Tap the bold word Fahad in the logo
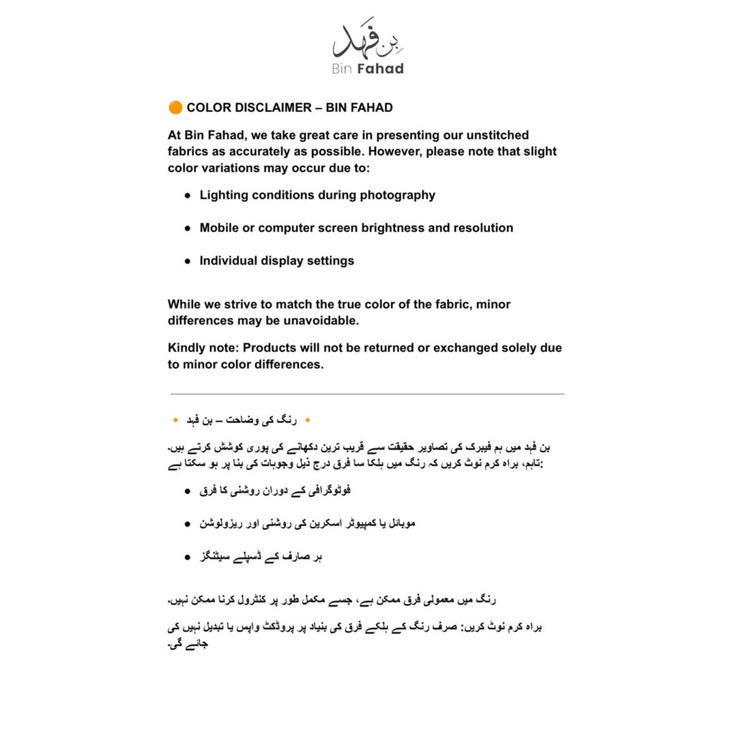click(380, 69)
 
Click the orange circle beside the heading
click(175, 107)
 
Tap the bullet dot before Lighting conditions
click(188, 195)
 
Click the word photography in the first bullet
click(397, 195)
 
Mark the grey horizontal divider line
click(367, 394)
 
